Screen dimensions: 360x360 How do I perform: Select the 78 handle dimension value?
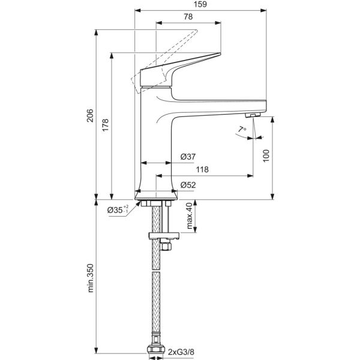pos(188,18)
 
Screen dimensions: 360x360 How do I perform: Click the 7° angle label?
pos(242,129)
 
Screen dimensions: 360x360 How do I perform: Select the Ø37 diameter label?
pos(188,157)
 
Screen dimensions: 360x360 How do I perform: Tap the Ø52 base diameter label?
pos(188,185)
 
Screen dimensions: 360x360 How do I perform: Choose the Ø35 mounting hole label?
pos(118,209)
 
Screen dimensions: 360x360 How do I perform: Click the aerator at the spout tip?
pos(252,114)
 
